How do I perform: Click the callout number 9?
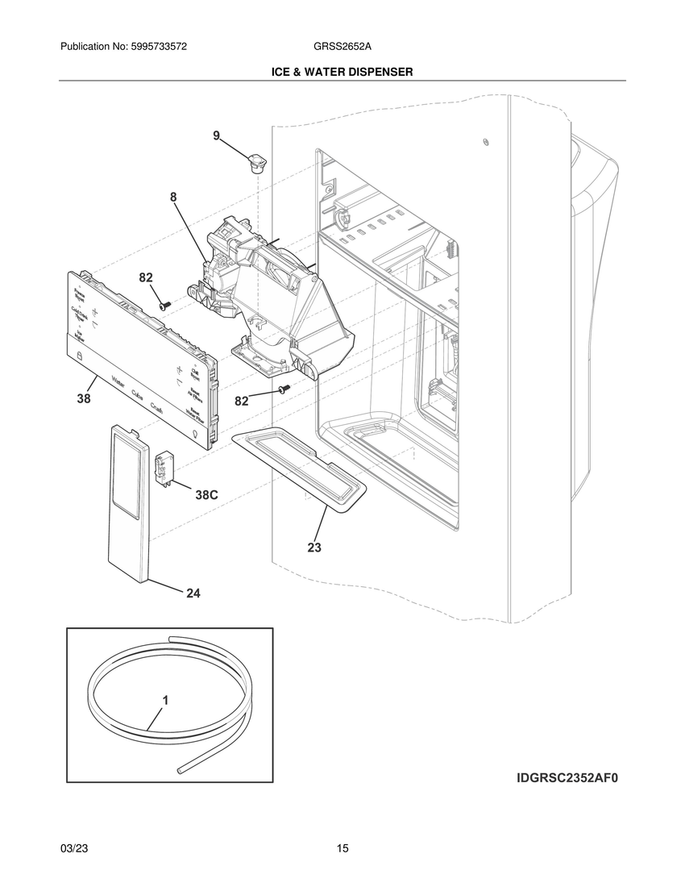pyautogui.click(x=216, y=136)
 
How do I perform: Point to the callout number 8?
pyautogui.click(x=173, y=196)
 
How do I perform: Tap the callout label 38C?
pyautogui.click(x=207, y=495)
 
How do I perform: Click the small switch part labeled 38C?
pyautogui.click(x=166, y=467)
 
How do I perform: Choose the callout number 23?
pyautogui.click(x=314, y=548)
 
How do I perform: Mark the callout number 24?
pyautogui.click(x=193, y=593)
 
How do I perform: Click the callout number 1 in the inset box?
pyautogui.click(x=165, y=701)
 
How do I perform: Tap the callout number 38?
pyautogui.click(x=84, y=398)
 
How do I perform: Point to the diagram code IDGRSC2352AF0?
pyautogui.click(x=571, y=779)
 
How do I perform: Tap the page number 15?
pyautogui.click(x=342, y=848)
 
